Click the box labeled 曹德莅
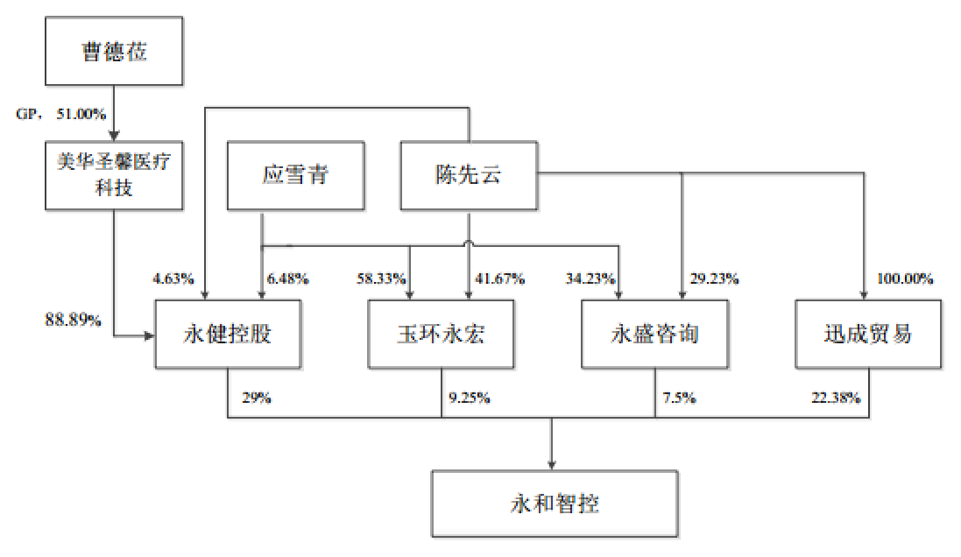[114, 52]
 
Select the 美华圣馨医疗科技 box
[114, 174]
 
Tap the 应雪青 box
[295, 175]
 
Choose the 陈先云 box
[470, 175]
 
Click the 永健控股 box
[228, 334]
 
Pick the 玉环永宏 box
[441, 334]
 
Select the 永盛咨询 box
[655, 334]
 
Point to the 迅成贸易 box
[867, 334]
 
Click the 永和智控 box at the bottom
[555, 504]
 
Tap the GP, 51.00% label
[61, 114]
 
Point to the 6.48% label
[287, 279]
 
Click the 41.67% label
[499, 279]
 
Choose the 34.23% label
[591, 279]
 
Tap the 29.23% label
[714, 279]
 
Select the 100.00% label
[905, 279]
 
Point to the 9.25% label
[470, 398]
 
